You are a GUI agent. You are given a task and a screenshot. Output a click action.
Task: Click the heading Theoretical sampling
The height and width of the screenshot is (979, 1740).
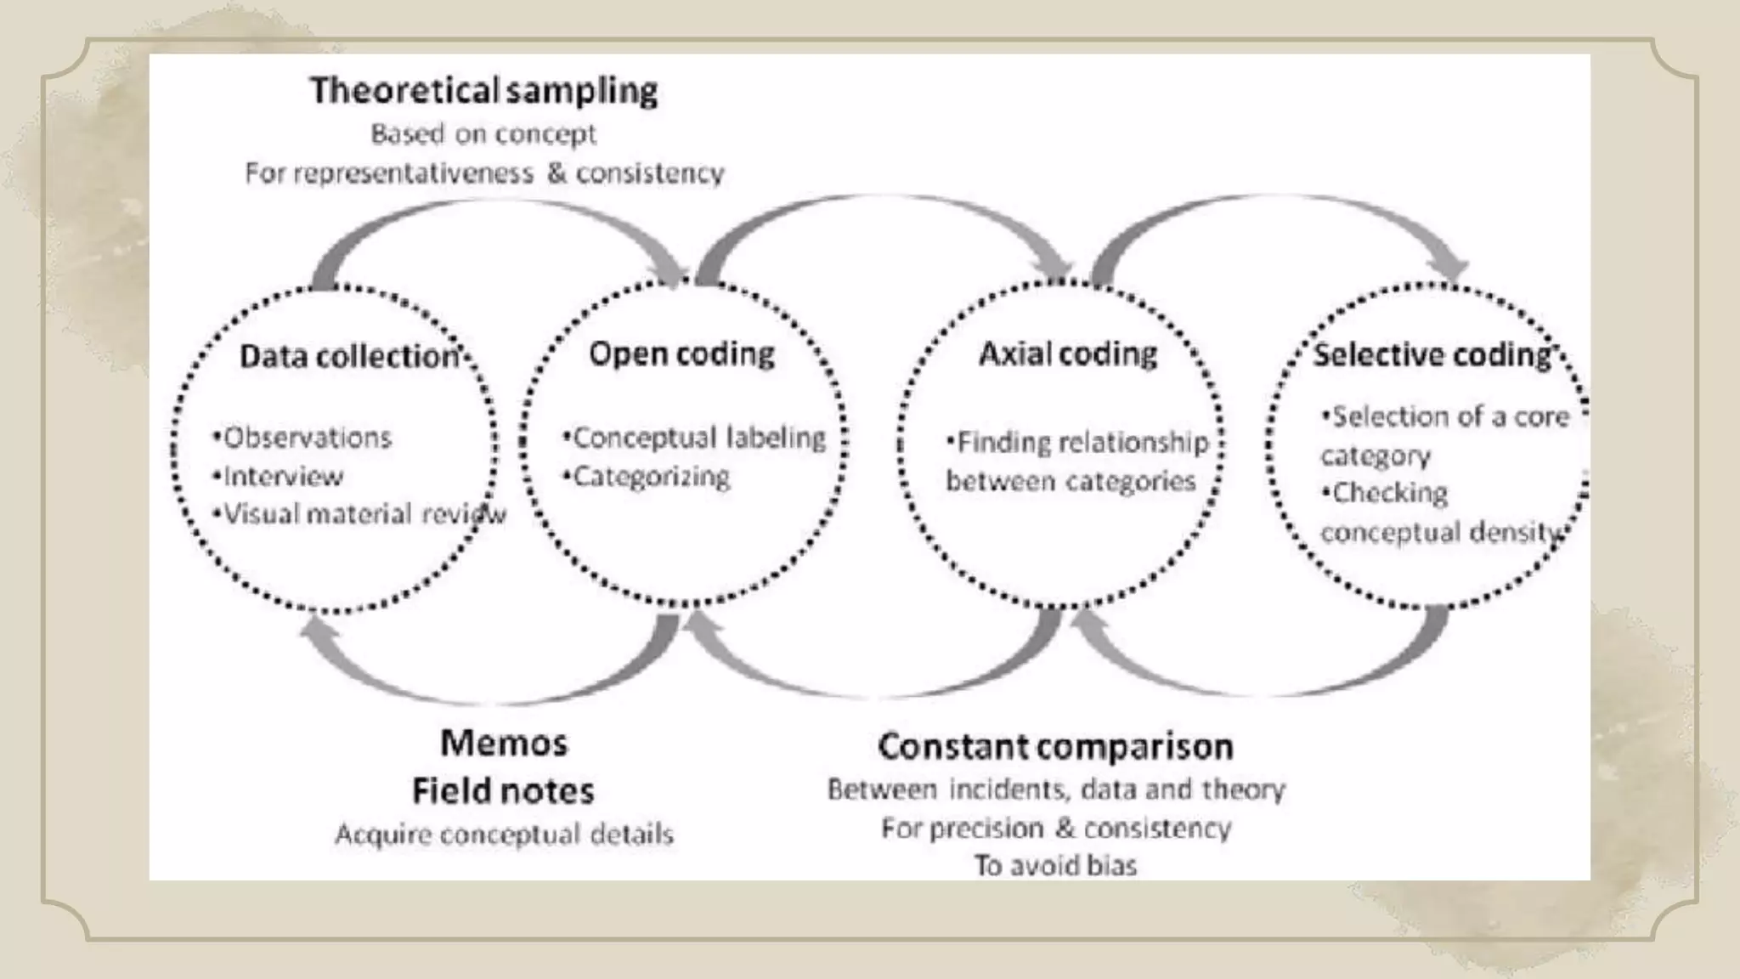tap(483, 91)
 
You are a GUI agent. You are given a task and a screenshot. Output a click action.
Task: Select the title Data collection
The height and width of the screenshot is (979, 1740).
tap(350, 356)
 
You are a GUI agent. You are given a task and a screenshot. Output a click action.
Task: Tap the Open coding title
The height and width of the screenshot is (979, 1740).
tap(681, 354)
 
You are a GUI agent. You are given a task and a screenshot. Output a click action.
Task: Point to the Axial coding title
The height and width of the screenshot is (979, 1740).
tap(1068, 354)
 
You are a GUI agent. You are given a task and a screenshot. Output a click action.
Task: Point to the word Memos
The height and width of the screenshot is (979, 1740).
tap(504, 744)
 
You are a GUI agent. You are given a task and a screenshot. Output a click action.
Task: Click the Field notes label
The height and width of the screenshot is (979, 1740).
tap(503, 791)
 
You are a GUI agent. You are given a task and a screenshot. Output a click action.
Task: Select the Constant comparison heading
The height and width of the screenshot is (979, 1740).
tap(1055, 747)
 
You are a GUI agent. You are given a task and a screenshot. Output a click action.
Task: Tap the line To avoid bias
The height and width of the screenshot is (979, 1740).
tap(1055, 865)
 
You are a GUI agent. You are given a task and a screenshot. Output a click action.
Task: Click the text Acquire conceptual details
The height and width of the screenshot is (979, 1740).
tap(504, 835)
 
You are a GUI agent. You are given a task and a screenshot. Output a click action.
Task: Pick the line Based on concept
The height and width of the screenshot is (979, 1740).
tap(483, 134)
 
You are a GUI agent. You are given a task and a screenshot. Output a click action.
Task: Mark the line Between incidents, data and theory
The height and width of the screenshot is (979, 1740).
tap(1056, 789)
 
